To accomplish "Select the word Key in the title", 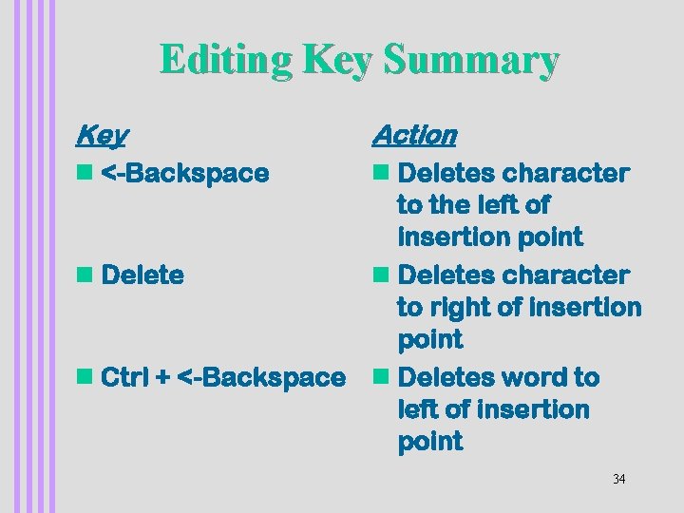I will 339,60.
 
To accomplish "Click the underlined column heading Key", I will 102,136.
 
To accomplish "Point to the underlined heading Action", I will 414,136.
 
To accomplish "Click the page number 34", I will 618,479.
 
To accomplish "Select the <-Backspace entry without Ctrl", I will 184,174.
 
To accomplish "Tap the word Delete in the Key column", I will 142,275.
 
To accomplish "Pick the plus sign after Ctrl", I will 162,378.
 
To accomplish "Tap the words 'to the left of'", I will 473,205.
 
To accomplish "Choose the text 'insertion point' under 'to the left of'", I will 489,237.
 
